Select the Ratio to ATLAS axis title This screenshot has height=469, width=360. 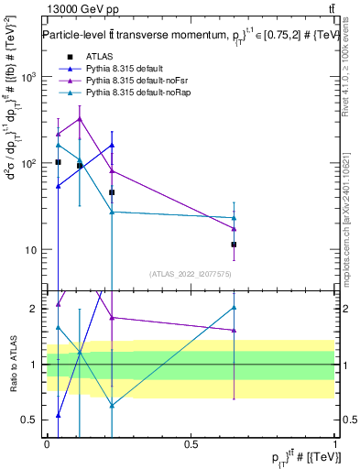[12, 364]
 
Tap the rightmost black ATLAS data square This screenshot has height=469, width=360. [235, 245]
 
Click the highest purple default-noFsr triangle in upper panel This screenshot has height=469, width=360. [80, 118]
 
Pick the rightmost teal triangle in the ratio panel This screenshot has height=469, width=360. [235, 308]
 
